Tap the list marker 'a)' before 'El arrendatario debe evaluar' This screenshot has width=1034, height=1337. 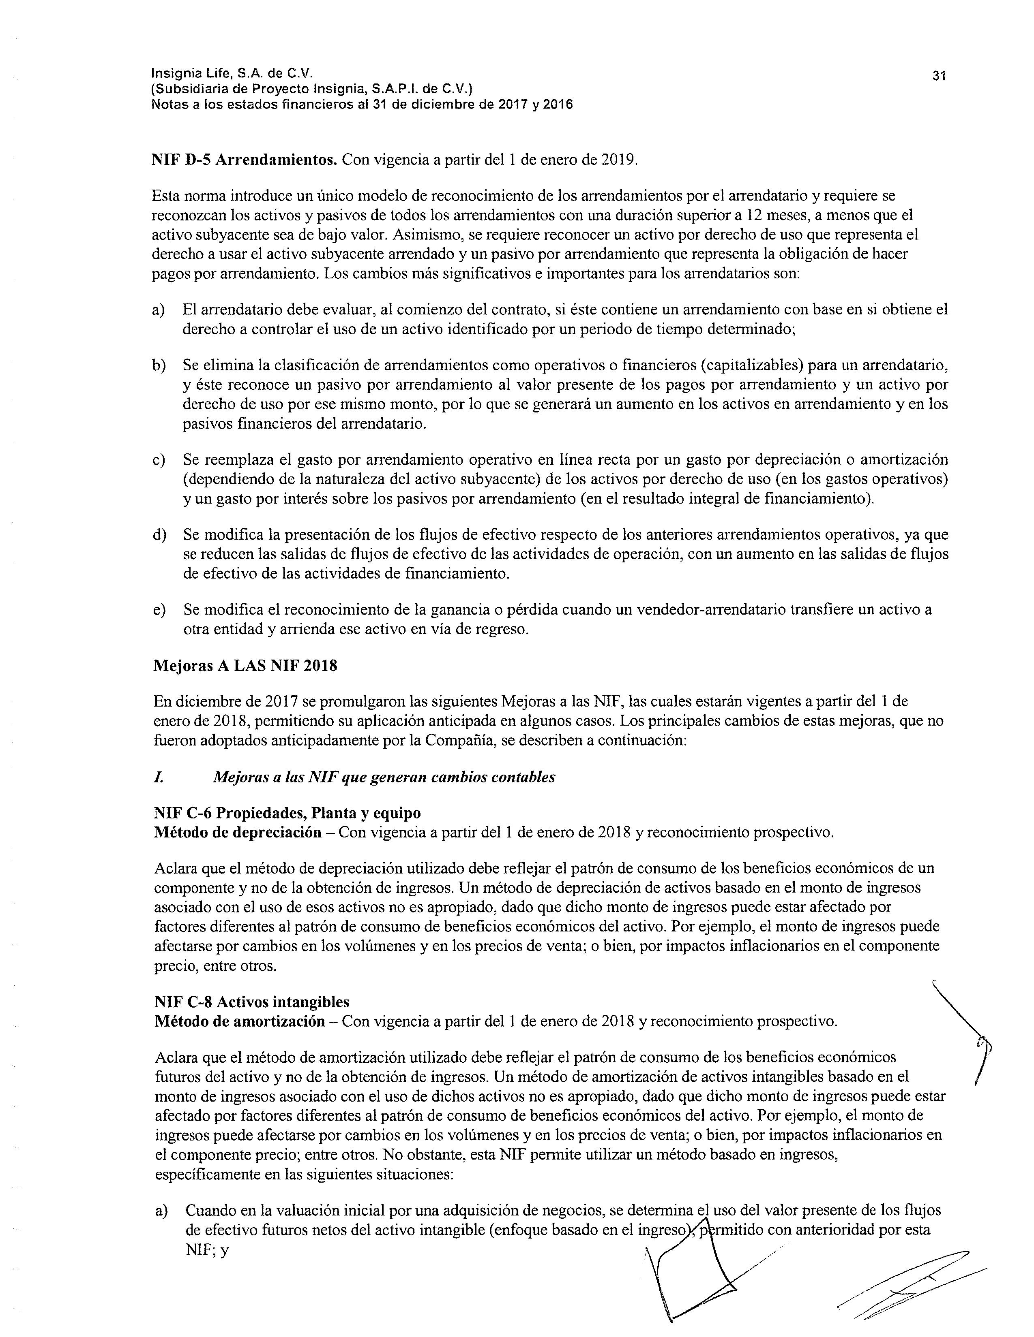click(159, 310)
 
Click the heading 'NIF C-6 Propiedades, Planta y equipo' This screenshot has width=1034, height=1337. click(287, 813)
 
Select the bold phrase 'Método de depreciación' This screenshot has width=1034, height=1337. click(238, 833)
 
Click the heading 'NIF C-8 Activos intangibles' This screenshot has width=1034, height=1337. click(252, 1002)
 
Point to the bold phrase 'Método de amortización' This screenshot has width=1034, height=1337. click(240, 1022)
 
